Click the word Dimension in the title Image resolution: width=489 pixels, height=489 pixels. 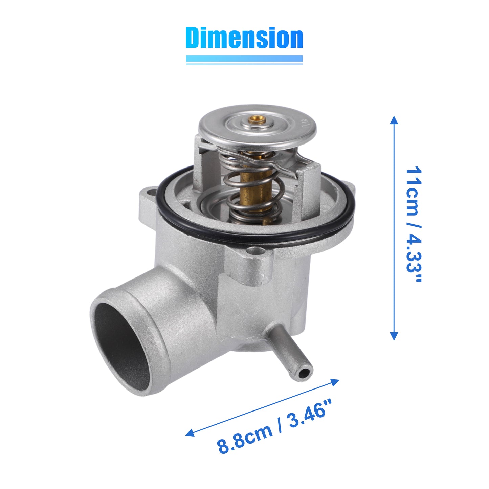244,38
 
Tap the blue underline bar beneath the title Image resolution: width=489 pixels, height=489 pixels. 244,59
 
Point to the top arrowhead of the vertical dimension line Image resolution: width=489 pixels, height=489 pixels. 394,120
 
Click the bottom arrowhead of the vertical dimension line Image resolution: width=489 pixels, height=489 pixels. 394,336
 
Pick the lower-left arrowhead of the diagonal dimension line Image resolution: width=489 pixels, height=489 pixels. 190,433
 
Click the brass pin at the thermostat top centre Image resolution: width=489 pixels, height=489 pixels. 257,119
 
